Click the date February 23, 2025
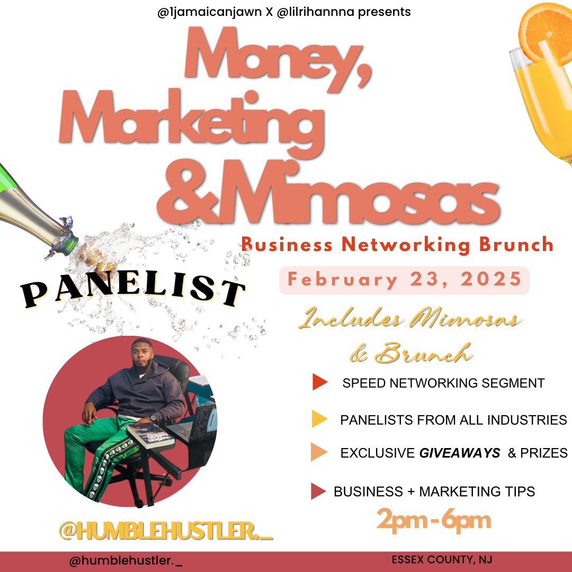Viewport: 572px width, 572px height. pyautogui.click(x=404, y=280)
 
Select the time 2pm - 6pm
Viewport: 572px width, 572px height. pyautogui.click(x=434, y=520)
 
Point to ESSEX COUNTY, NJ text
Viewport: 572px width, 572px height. pyautogui.click(x=442, y=560)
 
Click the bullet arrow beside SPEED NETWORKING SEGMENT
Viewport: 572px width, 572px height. pyautogui.click(x=320, y=382)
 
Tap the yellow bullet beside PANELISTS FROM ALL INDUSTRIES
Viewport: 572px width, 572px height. pyautogui.click(x=319, y=419)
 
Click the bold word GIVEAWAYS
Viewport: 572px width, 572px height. pyautogui.click(x=460, y=453)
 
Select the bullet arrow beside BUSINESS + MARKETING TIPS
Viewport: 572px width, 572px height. pyautogui.click(x=318, y=491)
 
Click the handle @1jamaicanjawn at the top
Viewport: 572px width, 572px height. pyautogui.click(x=209, y=12)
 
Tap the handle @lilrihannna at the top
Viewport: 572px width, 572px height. pyautogui.click(x=316, y=12)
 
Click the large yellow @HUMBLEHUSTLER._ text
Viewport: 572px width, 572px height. pyautogui.click(x=166, y=530)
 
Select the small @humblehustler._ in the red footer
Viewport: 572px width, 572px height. pyautogui.click(x=126, y=560)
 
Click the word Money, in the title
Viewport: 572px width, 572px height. pyautogui.click(x=278, y=57)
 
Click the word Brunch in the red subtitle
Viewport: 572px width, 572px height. pyautogui.click(x=516, y=245)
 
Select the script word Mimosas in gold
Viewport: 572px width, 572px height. pyautogui.click(x=465, y=318)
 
